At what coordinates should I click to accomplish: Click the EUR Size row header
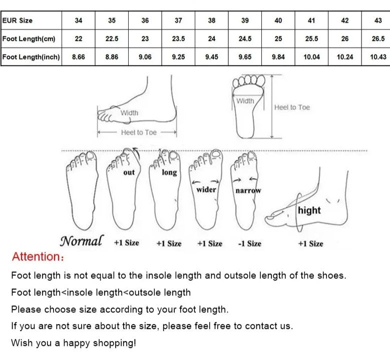(17, 20)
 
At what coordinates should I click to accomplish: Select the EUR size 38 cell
(212, 20)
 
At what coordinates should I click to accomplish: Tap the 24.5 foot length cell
(245, 39)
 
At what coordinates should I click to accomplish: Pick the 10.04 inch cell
(312, 57)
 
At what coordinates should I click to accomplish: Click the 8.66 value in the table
(78, 57)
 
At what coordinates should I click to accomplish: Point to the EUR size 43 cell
(378, 20)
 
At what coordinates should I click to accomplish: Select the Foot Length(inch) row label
(31, 57)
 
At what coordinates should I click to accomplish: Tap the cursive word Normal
(81, 240)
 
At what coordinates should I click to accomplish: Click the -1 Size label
(249, 243)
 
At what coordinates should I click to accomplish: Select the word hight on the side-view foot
(309, 210)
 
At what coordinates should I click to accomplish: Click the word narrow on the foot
(248, 190)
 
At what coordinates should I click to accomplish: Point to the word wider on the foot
(206, 190)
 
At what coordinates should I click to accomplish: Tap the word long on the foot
(169, 172)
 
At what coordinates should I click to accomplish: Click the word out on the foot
(129, 172)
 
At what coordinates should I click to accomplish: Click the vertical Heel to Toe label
(292, 107)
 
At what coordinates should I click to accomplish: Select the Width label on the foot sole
(245, 101)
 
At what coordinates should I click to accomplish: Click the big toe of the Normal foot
(91, 156)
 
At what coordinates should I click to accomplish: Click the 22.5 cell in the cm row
(112, 39)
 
